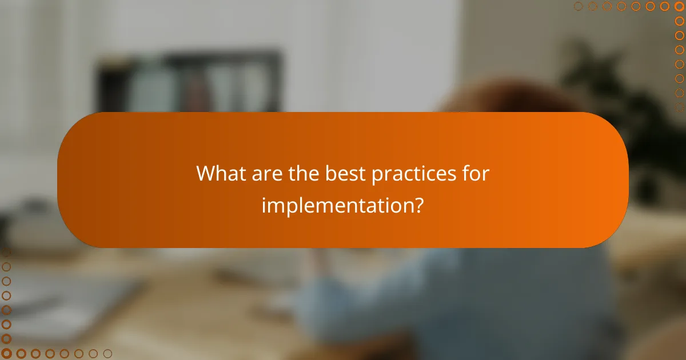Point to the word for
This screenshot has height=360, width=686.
point(476,174)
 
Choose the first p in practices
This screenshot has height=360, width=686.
point(377,176)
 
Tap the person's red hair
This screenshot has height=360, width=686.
point(503,100)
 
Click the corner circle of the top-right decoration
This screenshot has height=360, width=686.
point(679,6)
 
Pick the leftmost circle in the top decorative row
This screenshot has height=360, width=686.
point(578,6)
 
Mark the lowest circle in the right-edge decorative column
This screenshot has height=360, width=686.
point(679,107)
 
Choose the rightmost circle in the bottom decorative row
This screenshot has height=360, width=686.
point(107,354)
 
